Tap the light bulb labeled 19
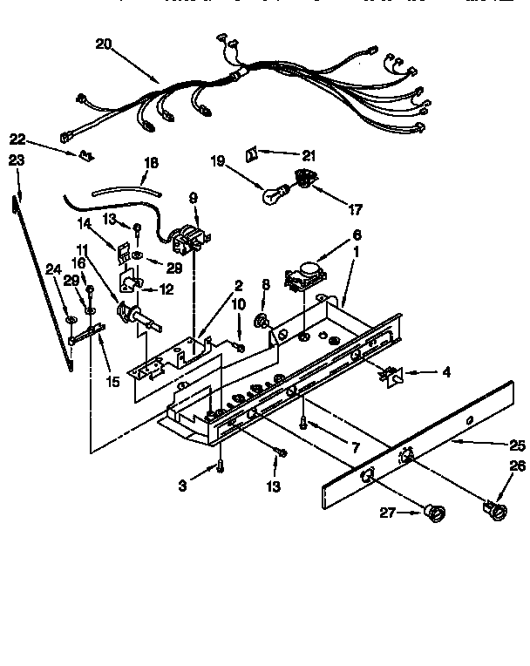tap(273, 194)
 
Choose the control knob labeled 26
tap(494, 508)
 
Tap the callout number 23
tap(16, 160)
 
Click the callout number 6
tap(356, 234)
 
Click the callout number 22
tap(17, 138)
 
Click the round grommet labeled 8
tap(262, 323)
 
